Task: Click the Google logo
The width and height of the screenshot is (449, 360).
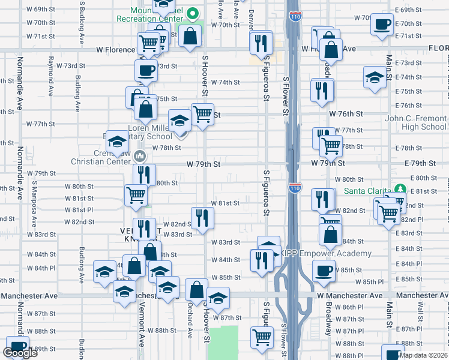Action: point(20,353)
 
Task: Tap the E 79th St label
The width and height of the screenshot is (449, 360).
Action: point(420,163)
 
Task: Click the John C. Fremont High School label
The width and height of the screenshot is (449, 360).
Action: point(415,122)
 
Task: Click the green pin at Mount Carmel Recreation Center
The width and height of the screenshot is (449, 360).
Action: point(193,13)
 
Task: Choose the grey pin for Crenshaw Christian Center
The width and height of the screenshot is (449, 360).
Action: point(140,156)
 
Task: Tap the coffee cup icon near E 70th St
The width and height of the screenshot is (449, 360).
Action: point(382,25)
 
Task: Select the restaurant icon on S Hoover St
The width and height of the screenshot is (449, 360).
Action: point(202,218)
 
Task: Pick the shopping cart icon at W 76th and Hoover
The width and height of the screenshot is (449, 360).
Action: point(203,112)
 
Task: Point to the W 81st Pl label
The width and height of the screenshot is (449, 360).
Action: point(82,209)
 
